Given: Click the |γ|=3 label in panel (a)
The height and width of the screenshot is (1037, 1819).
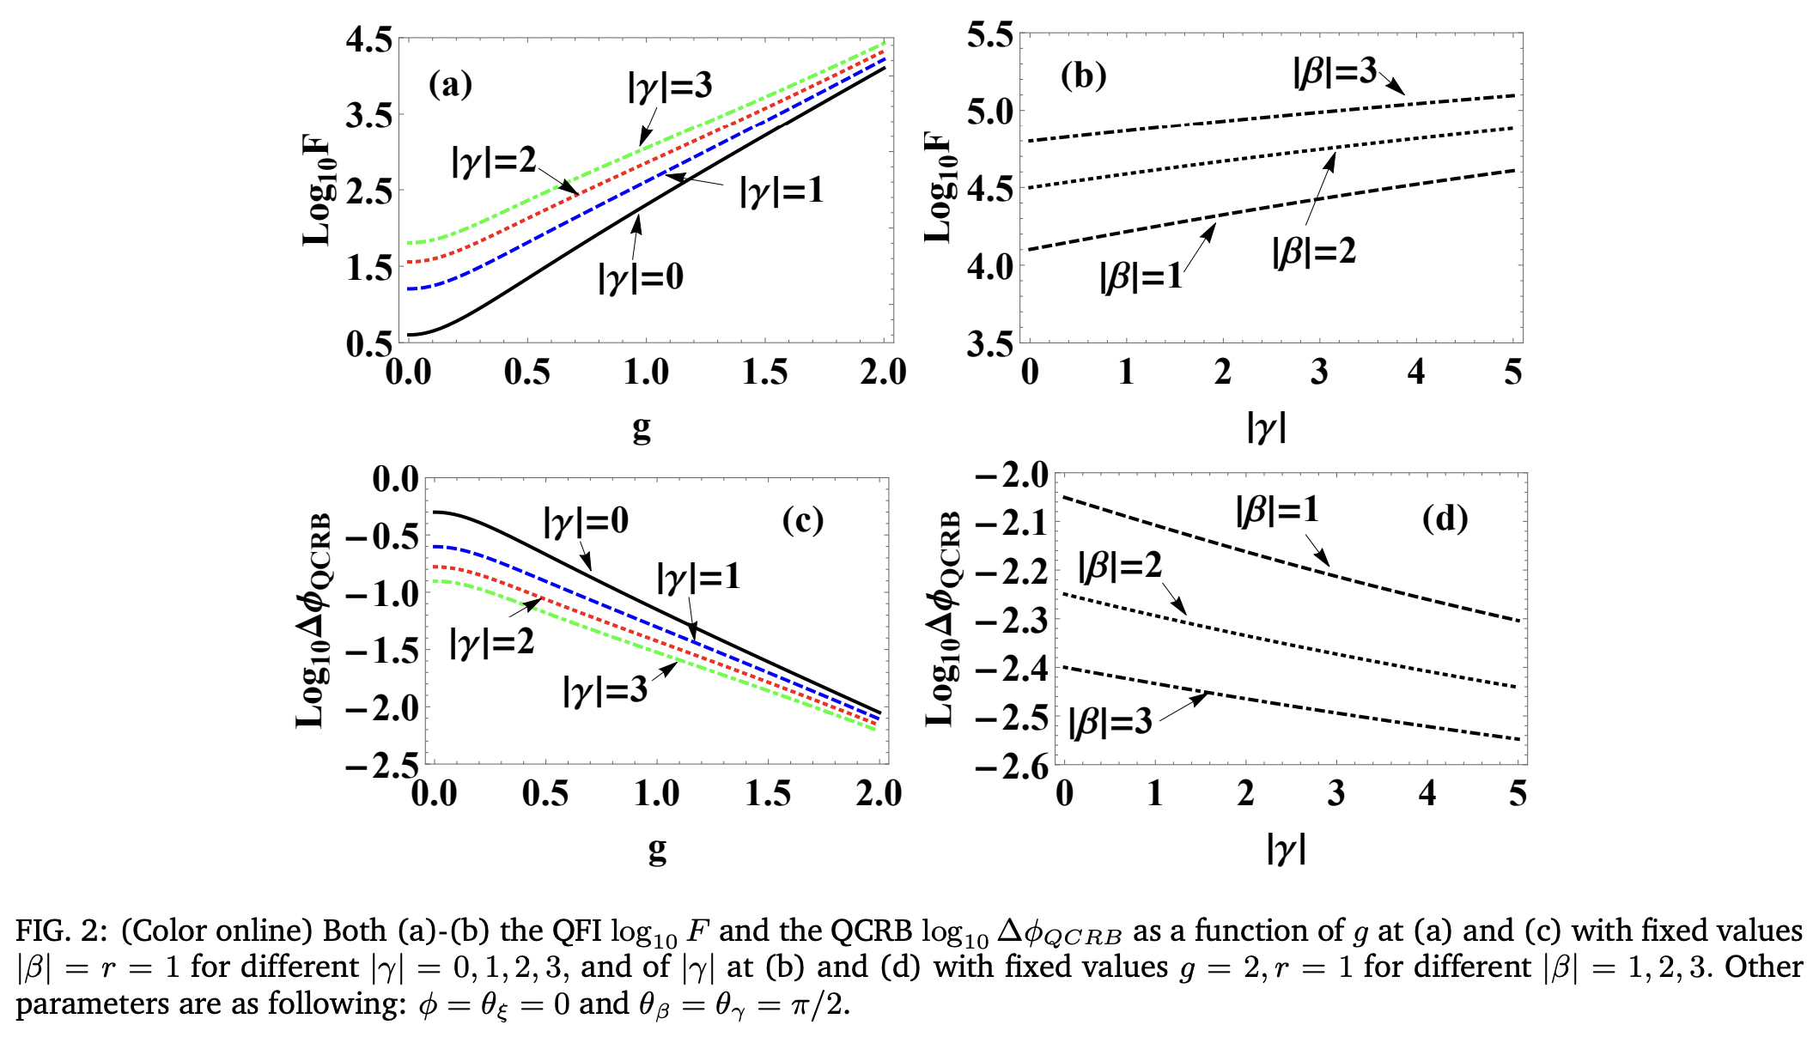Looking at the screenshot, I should point(670,86).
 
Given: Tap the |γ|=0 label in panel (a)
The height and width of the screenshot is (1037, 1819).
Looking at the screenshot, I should point(641,277).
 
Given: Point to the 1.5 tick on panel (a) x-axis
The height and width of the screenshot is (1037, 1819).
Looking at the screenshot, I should point(764,373).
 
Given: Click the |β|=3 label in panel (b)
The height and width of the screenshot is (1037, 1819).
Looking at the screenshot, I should point(1335,72).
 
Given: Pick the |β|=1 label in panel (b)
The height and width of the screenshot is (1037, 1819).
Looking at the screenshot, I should point(1141,277).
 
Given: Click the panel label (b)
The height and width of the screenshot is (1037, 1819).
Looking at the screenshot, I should point(1083,76).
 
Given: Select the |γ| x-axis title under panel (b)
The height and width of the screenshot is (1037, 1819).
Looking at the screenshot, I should point(1267,427).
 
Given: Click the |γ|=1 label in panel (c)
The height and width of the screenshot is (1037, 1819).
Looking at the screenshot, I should point(698,576).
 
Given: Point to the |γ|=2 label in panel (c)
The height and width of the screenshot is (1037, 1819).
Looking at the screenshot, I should point(491,641).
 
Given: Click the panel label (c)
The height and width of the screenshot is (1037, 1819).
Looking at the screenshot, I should point(802,520).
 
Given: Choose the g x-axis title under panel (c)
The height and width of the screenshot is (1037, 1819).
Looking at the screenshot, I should point(657,849).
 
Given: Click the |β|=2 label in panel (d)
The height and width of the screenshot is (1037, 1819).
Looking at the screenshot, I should point(1120,565).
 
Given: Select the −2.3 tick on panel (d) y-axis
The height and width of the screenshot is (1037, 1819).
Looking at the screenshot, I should point(1013,620).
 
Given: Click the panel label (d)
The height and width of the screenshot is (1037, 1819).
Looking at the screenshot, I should point(1445,518).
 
